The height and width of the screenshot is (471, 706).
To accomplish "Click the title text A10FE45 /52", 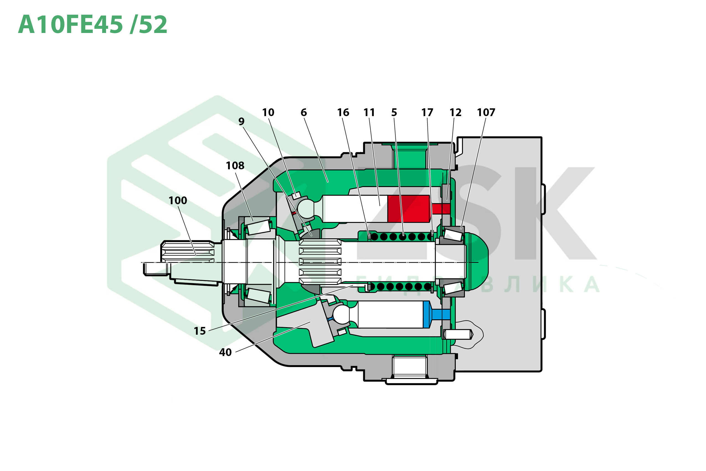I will tap(92, 25).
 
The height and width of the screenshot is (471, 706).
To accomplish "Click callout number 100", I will tap(177, 200).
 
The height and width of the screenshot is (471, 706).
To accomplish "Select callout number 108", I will tap(235, 165).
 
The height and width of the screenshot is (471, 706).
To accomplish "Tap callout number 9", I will tap(241, 121).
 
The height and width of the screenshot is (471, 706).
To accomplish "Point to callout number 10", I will tap(268, 112).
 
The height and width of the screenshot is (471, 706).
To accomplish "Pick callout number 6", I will tap(303, 112).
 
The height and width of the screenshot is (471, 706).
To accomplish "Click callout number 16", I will tap(343, 112).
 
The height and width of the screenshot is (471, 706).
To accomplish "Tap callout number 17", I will tap(427, 112).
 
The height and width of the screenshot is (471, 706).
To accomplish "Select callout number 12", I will tap(455, 112).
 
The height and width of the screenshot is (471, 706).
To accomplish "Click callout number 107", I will tap(486, 112).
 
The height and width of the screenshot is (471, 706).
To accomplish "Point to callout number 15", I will tap(200, 331).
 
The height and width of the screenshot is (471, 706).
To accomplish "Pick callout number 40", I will tap(225, 352).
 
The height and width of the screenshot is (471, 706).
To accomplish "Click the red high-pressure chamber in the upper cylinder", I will tap(408, 209).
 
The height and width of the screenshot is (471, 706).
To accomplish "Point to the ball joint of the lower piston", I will tap(341, 314).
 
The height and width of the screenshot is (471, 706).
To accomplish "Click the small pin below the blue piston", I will tap(457, 334).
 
